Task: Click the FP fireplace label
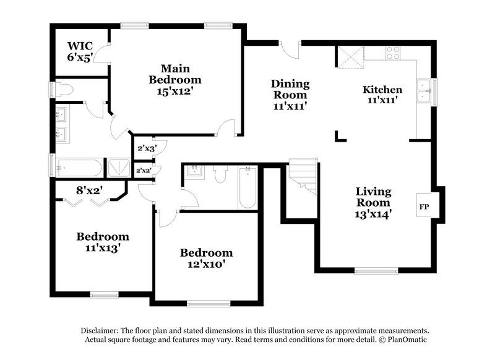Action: point(424,206)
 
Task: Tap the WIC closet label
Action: point(80,46)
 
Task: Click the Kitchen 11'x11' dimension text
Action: point(382,99)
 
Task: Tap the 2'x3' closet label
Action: point(146,147)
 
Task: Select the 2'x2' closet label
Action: point(144,169)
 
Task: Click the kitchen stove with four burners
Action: point(394,53)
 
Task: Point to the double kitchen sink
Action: point(424,90)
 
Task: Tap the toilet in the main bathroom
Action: point(65,89)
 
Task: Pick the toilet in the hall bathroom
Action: point(221,175)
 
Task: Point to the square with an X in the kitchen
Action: point(350,59)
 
